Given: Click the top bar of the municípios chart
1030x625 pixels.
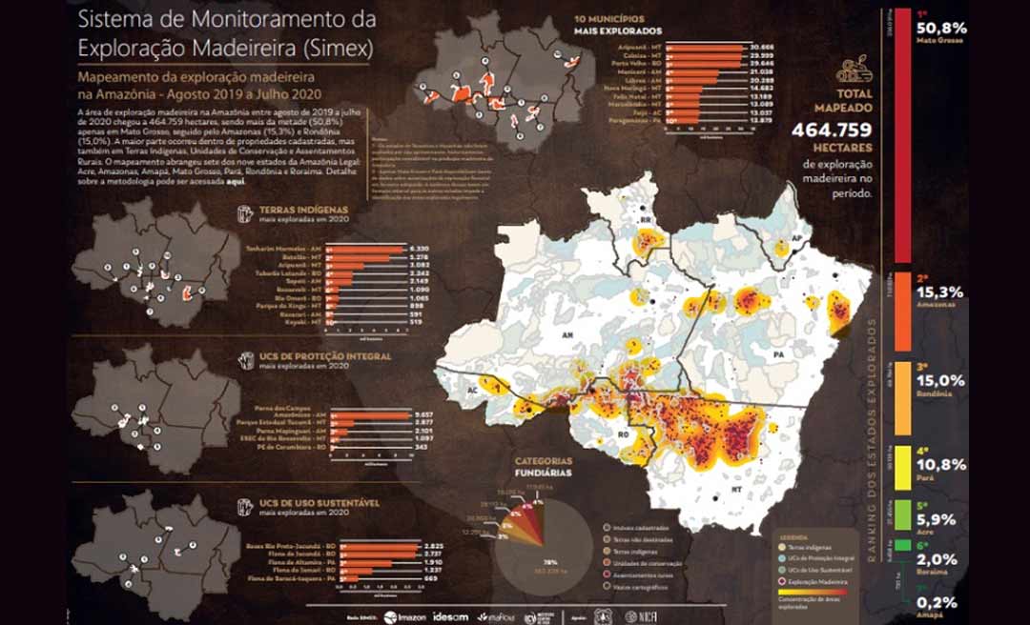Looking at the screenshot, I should pyautogui.click(x=706, y=46).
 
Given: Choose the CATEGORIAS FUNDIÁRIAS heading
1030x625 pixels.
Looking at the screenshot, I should pyautogui.click(x=545, y=464).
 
